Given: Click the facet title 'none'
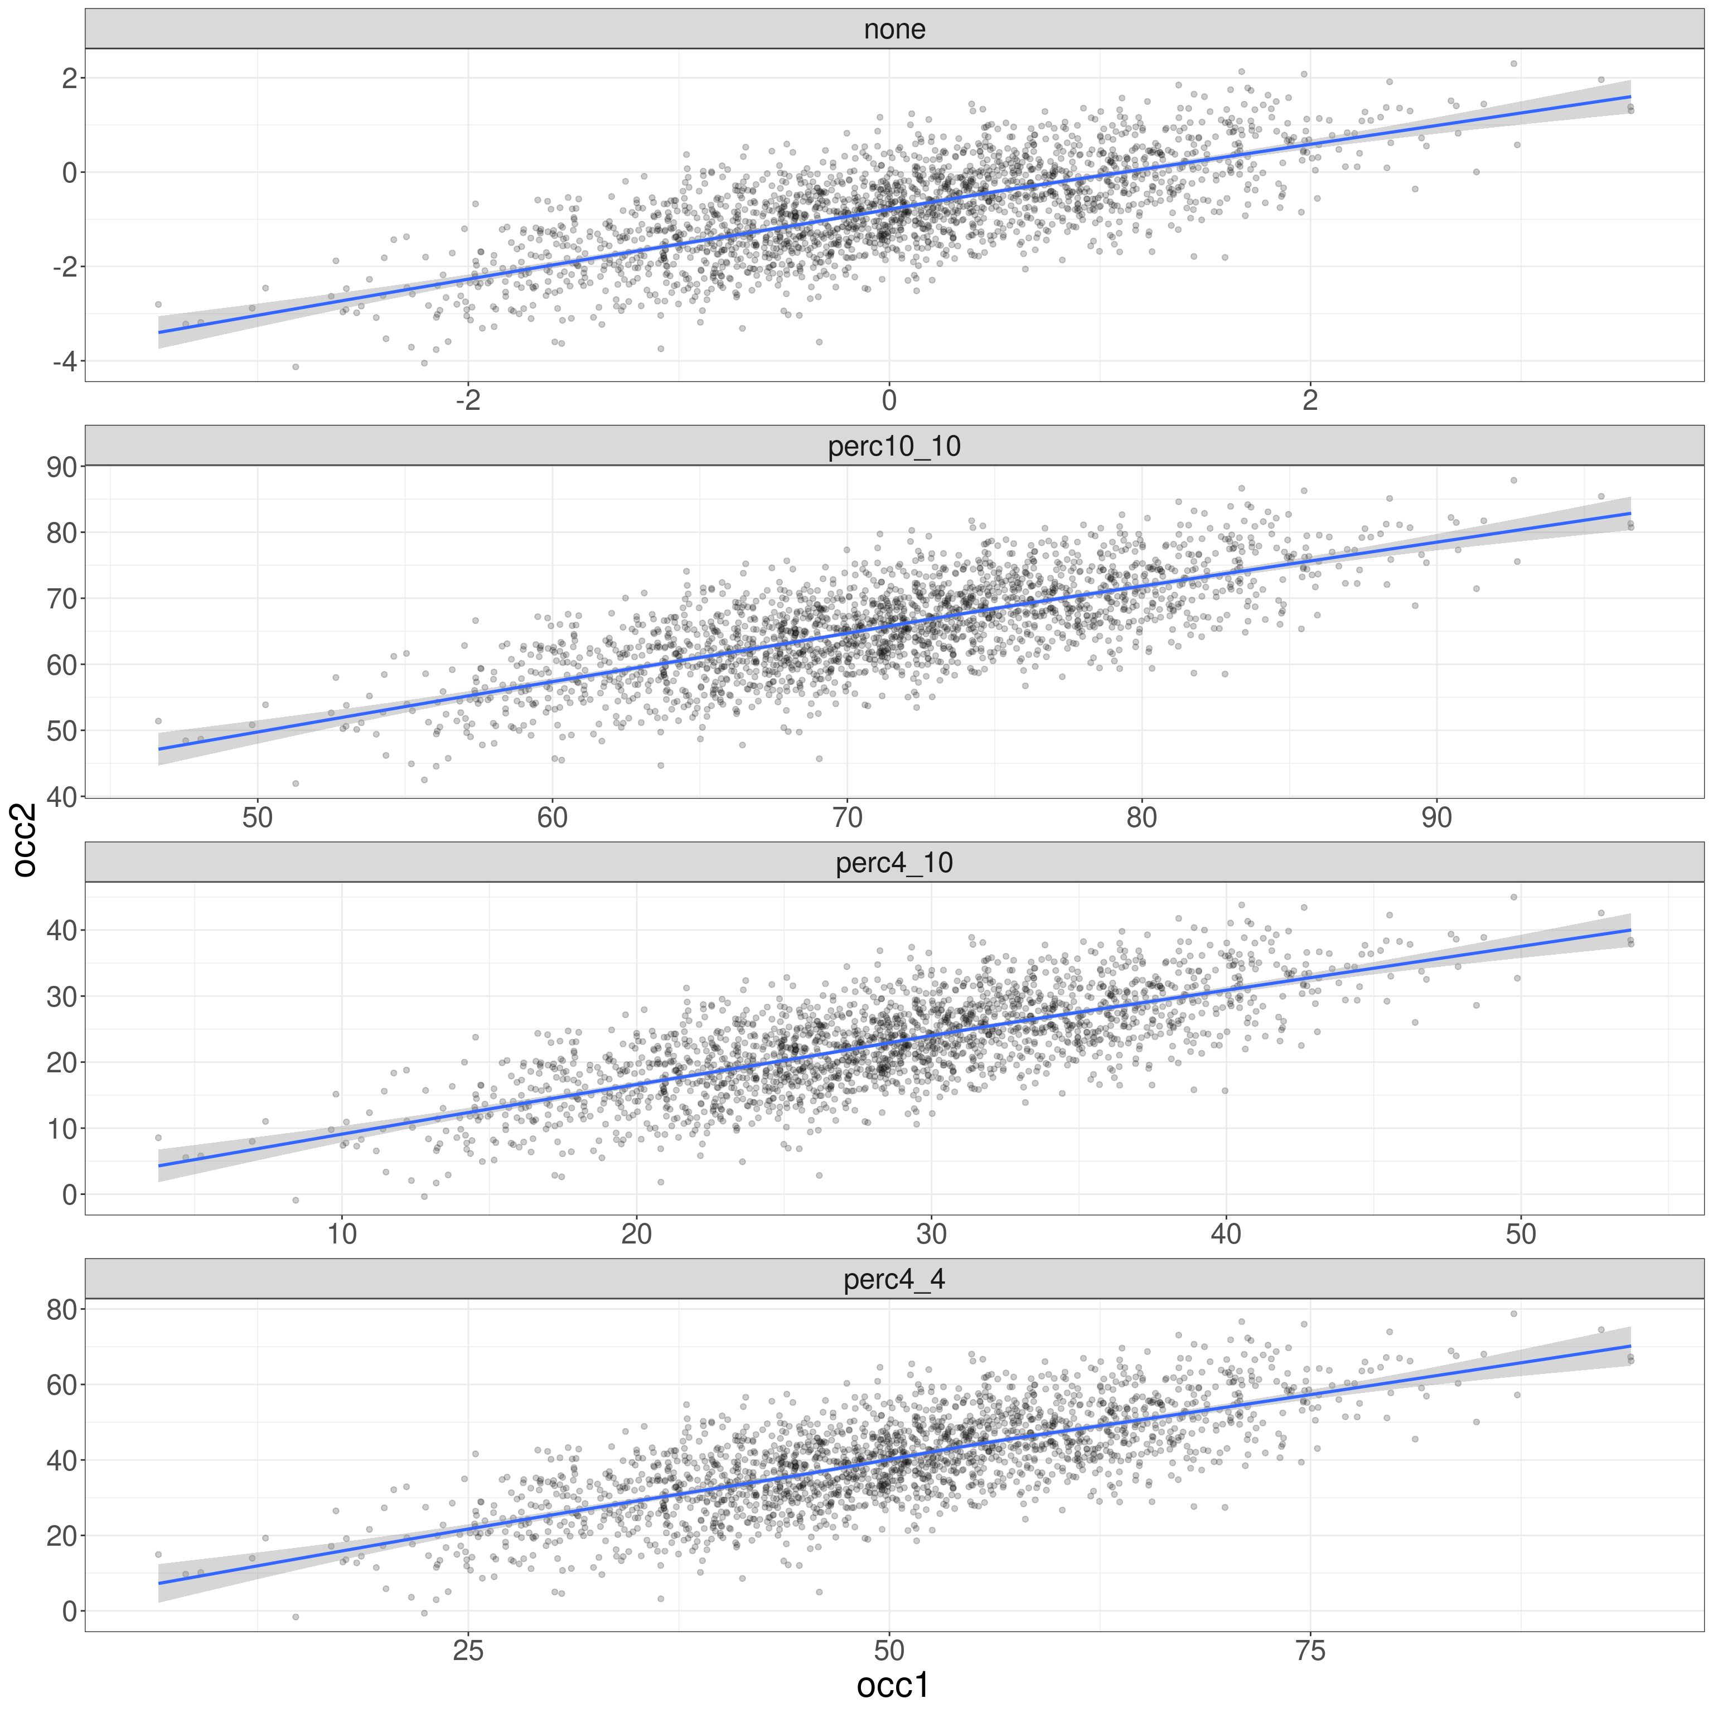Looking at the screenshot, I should [894, 29].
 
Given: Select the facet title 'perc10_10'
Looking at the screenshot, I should [894, 446].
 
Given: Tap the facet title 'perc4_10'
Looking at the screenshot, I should [894, 863].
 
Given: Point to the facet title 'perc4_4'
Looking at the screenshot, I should [894, 1279].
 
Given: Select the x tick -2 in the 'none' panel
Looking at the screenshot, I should [468, 401].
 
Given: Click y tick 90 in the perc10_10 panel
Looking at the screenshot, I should [62, 467].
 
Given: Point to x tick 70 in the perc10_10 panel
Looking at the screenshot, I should [847, 817].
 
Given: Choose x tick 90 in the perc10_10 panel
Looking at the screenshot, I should [1436, 817].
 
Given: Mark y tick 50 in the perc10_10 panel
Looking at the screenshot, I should [62, 730].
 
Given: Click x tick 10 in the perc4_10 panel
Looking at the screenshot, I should [342, 1234].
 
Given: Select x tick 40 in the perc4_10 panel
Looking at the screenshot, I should [1226, 1234].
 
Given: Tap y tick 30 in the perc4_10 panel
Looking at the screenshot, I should [62, 996].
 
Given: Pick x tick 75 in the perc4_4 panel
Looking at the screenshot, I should [1310, 1651].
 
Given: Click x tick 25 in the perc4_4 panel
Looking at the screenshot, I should [468, 1651].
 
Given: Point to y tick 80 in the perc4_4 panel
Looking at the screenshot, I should [62, 1310].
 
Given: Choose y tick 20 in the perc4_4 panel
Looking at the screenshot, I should [62, 1536].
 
